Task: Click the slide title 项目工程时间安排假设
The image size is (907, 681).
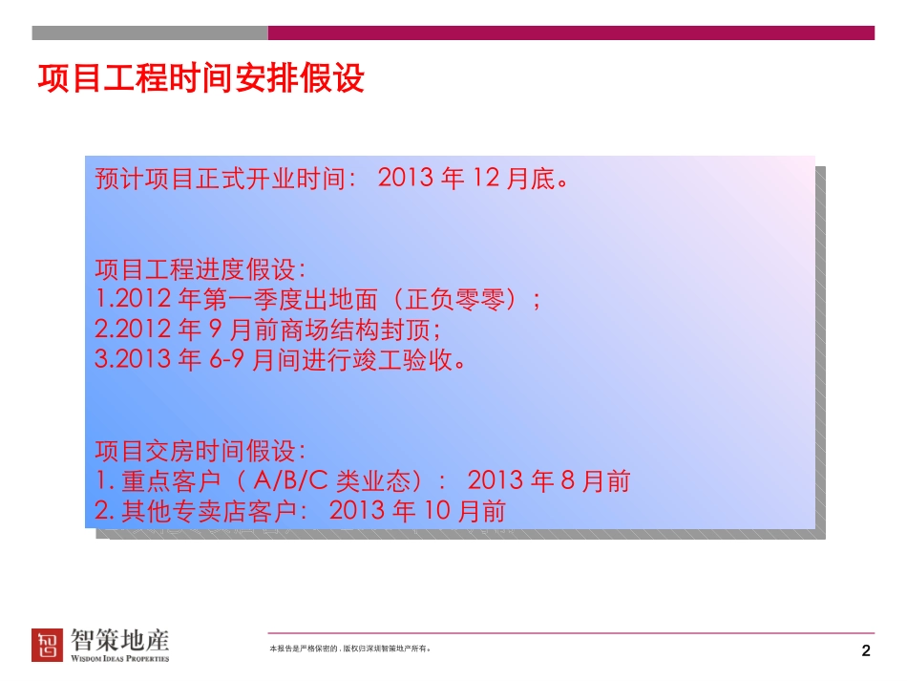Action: (x=200, y=78)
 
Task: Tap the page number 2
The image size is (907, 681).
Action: (x=865, y=650)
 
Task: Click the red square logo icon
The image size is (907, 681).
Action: (x=47, y=645)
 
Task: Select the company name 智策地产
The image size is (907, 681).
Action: (x=119, y=640)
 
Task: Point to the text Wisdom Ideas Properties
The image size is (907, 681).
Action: (x=119, y=658)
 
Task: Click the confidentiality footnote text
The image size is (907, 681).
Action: (x=349, y=649)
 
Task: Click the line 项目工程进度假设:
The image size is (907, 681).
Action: (x=200, y=269)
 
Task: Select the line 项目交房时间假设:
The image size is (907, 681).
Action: (x=200, y=451)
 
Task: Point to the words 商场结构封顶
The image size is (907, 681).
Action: (x=355, y=330)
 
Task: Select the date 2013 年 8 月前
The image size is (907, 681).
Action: (x=548, y=480)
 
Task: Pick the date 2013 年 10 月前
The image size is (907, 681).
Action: (x=417, y=511)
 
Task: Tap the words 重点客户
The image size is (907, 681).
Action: (x=171, y=480)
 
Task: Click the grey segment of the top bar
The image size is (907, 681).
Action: (x=150, y=33)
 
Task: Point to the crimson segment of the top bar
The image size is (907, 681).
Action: (x=572, y=33)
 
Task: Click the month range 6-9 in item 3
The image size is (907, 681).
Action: (x=226, y=360)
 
